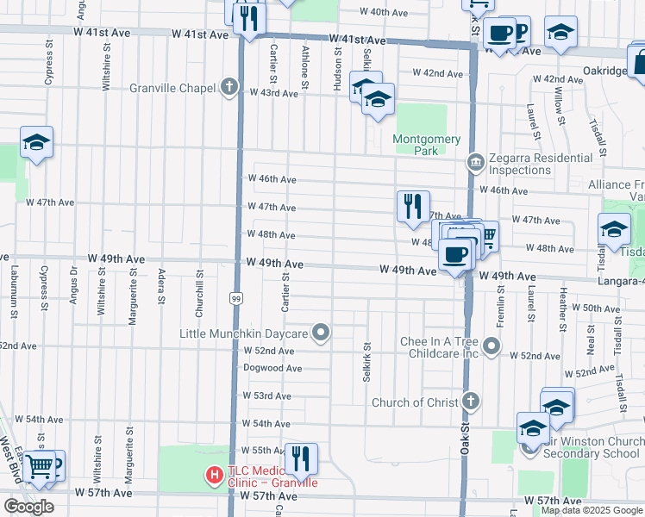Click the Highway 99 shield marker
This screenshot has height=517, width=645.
(x=235, y=297)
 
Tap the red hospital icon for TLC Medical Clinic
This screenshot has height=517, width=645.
(x=212, y=474)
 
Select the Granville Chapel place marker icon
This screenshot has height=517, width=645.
(x=229, y=87)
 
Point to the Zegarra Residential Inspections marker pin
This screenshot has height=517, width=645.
(x=474, y=161)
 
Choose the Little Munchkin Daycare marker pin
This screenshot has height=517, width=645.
(x=322, y=333)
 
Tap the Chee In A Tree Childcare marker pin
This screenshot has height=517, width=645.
(x=492, y=346)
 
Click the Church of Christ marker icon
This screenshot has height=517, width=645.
(x=471, y=402)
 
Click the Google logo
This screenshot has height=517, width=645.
(x=29, y=507)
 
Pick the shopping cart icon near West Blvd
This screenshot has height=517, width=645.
(x=38, y=466)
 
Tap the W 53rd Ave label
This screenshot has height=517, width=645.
(x=269, y=396)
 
